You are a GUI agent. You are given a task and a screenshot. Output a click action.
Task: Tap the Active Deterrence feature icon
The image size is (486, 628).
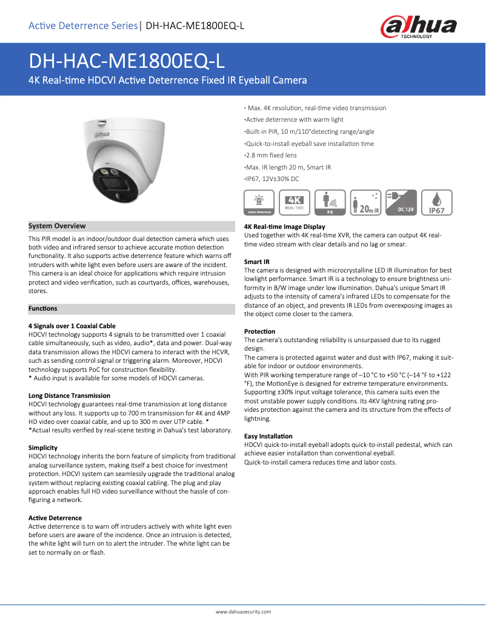259,203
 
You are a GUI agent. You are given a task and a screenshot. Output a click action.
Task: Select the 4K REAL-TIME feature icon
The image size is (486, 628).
295,203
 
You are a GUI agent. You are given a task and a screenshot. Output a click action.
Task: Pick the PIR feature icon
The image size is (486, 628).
330,203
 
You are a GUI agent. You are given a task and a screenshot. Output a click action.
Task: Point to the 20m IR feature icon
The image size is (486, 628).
366,203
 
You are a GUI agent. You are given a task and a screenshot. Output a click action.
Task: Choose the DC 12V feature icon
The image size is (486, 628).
402,203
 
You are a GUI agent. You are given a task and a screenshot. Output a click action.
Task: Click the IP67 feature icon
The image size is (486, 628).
437,203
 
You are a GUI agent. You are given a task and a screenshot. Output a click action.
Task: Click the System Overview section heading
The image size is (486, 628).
57,226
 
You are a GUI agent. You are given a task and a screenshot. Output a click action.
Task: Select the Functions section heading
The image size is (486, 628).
43,309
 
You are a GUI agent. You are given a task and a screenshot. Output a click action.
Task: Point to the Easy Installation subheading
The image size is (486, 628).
268,436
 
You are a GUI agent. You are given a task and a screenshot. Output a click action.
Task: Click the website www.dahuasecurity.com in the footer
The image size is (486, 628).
243,612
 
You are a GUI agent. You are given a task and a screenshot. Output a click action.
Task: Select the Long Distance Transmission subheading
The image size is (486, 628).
69,395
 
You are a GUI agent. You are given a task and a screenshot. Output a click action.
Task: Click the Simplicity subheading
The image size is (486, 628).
43,448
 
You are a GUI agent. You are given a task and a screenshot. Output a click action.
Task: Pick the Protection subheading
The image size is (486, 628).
259,332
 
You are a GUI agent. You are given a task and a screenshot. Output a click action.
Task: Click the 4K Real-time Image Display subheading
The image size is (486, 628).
284,227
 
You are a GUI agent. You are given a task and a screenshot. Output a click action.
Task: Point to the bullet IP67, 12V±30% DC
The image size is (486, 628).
272,179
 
